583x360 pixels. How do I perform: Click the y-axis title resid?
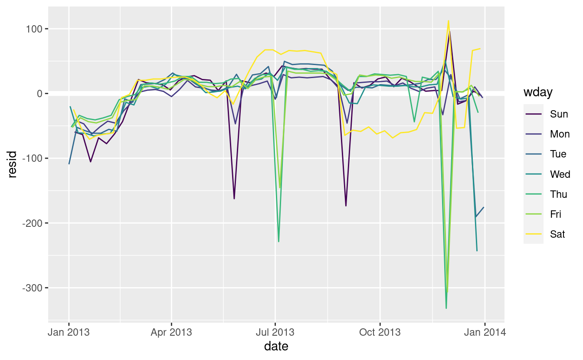[13, 164]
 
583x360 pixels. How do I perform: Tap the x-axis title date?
[276, 346]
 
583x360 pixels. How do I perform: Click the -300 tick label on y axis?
[30, 288]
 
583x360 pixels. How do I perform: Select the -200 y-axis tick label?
[30, 223]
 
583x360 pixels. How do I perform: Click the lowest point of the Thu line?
[446, 308]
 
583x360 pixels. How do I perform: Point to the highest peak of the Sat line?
[448, 20]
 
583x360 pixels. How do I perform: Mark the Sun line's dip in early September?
[346, 206]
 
